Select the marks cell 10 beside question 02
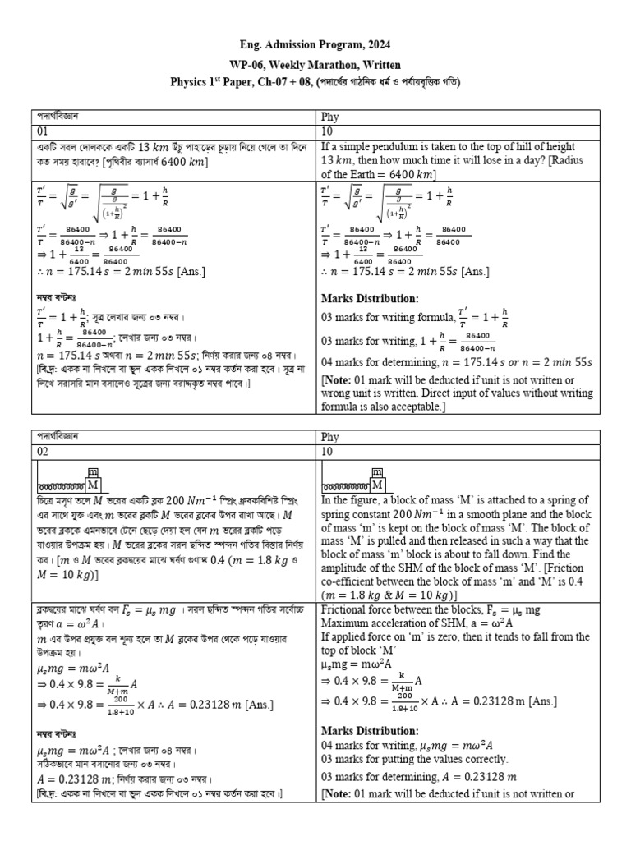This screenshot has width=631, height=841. (x=327, y=453)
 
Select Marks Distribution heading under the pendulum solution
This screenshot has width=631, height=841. (x=370, y=298)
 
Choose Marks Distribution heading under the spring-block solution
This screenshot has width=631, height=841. (x=370, y=730)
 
